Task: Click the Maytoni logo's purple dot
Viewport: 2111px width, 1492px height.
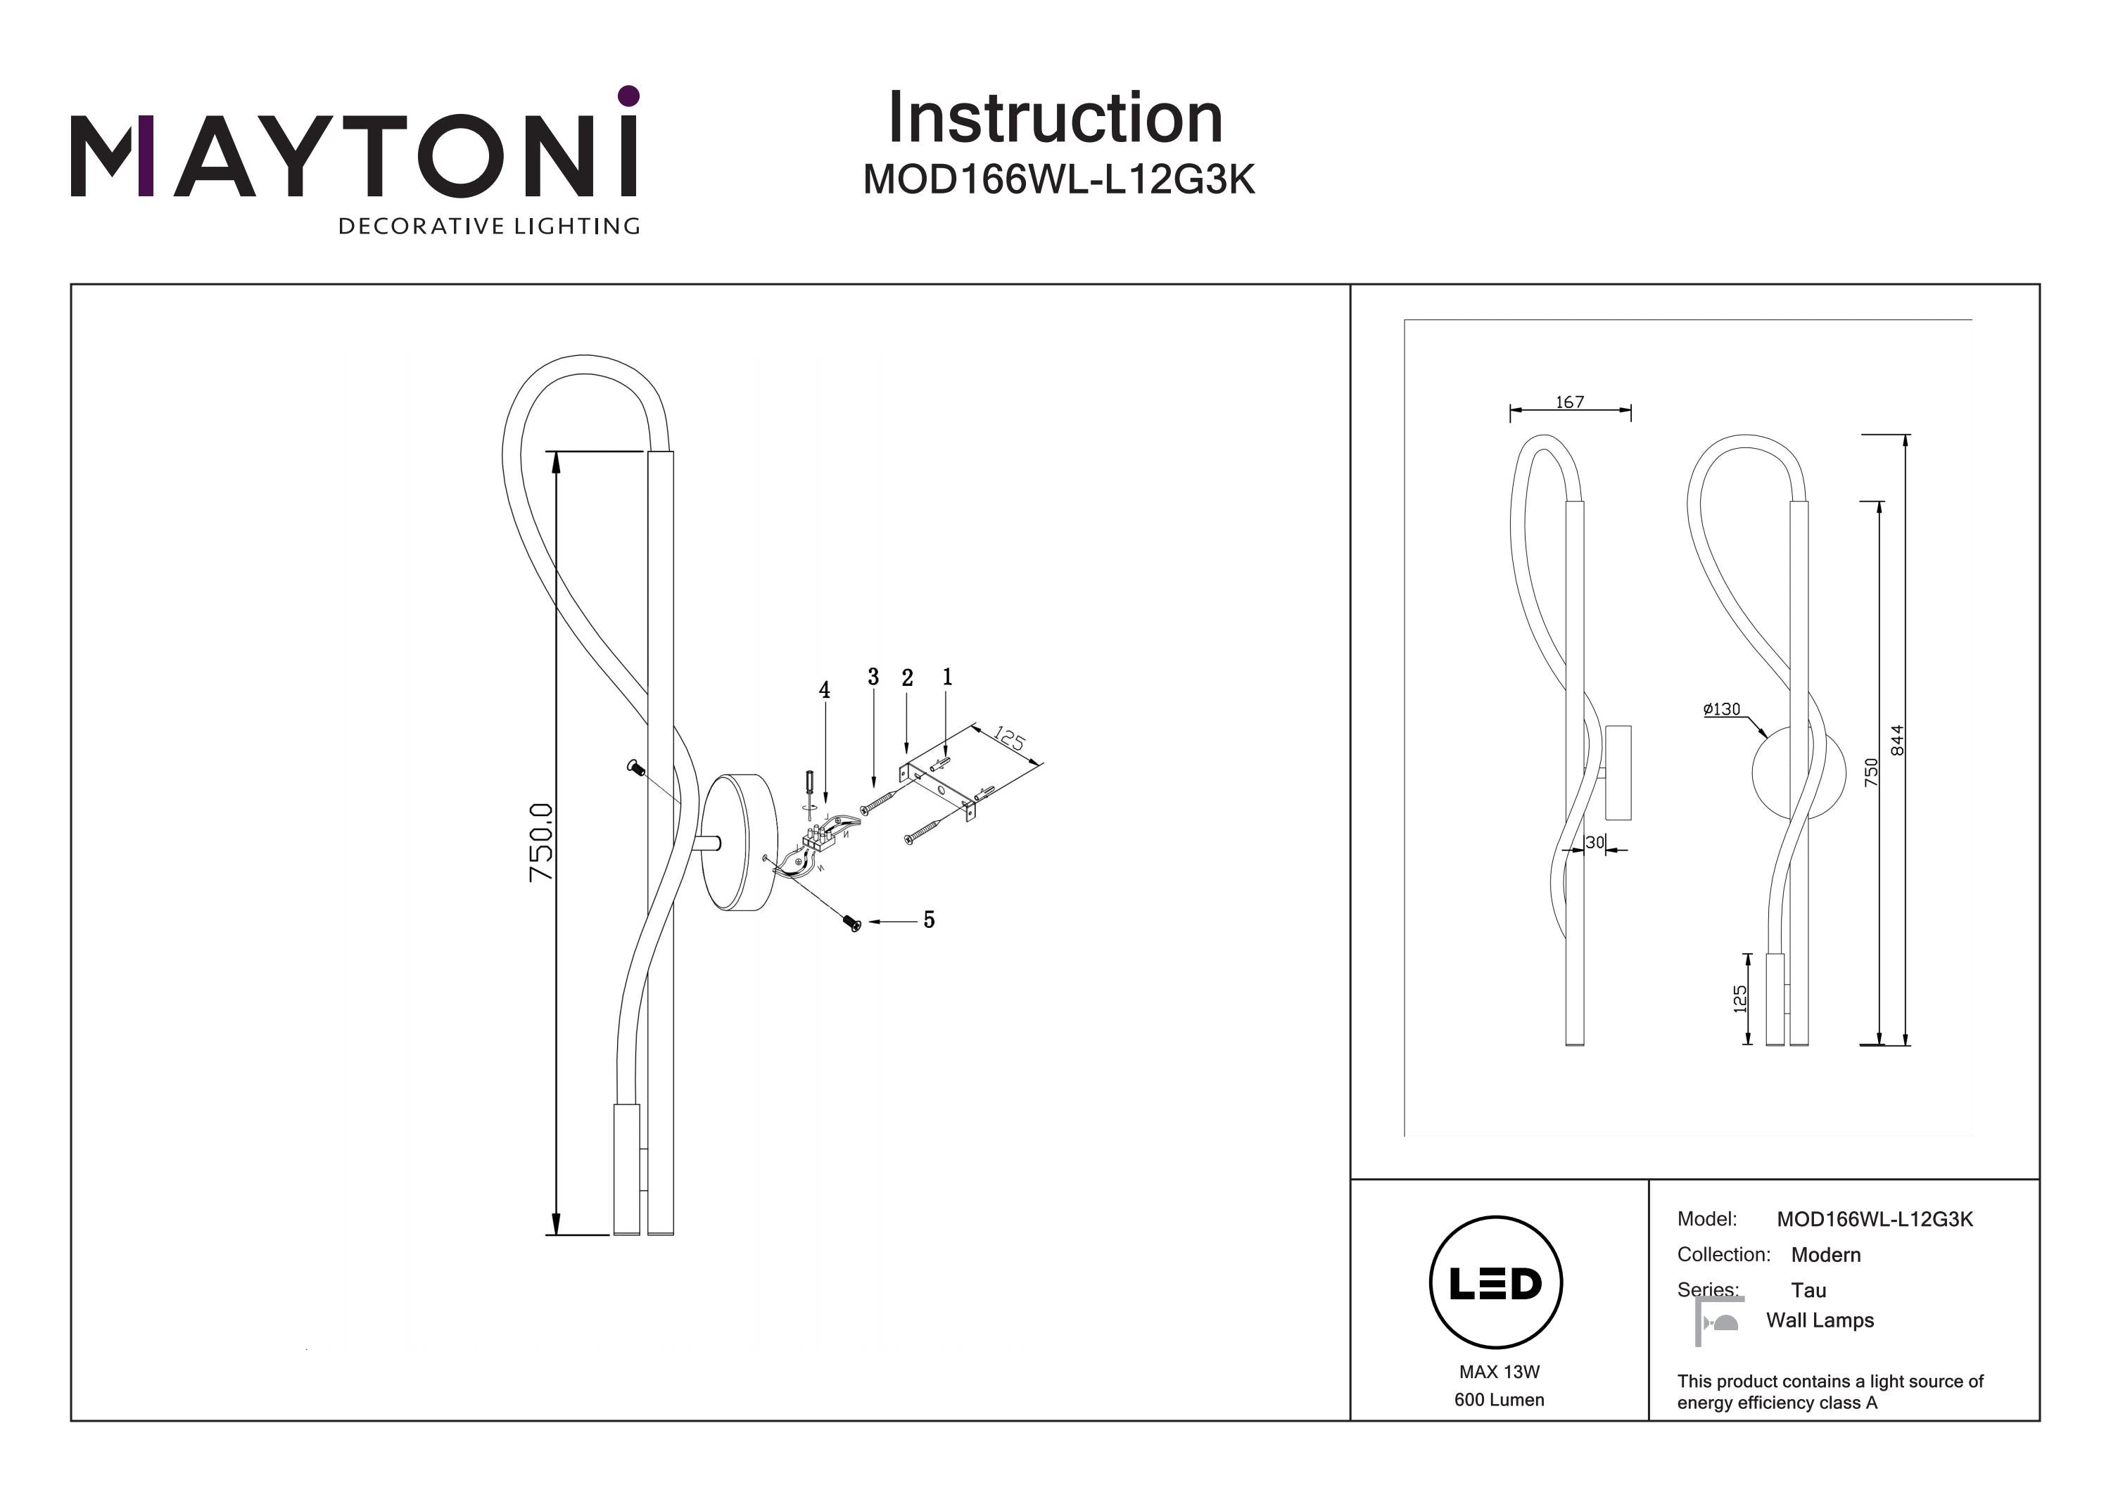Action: point(628,96)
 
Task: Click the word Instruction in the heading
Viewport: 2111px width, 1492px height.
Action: point(1055,119)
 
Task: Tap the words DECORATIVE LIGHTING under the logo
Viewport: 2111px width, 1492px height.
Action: point(488,226)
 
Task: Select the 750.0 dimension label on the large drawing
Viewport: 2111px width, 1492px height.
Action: point(542,841)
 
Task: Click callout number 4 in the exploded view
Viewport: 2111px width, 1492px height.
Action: point(825,690)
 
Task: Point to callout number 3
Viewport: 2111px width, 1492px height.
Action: point(873,677)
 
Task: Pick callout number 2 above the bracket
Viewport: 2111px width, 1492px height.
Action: point(908,678)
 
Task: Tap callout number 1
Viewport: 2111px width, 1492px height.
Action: point(947,677)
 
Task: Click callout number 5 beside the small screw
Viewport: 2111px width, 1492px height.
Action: point(930,920)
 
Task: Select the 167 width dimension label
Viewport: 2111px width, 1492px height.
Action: point(1569,402)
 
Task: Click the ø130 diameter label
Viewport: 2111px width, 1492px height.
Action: point(1721,710)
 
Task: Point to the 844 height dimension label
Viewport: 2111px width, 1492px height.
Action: point(1897,740)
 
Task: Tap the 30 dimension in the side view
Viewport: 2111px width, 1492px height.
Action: point(1595,842)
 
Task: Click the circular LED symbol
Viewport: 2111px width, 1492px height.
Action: point(1496,1283)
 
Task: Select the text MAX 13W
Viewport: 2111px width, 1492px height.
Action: point(1499,1372)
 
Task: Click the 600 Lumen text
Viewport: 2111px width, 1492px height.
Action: point(1499,1400)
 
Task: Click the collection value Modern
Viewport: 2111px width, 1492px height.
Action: point(1825,1255)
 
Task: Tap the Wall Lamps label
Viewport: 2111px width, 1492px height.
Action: point(1820,1320)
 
